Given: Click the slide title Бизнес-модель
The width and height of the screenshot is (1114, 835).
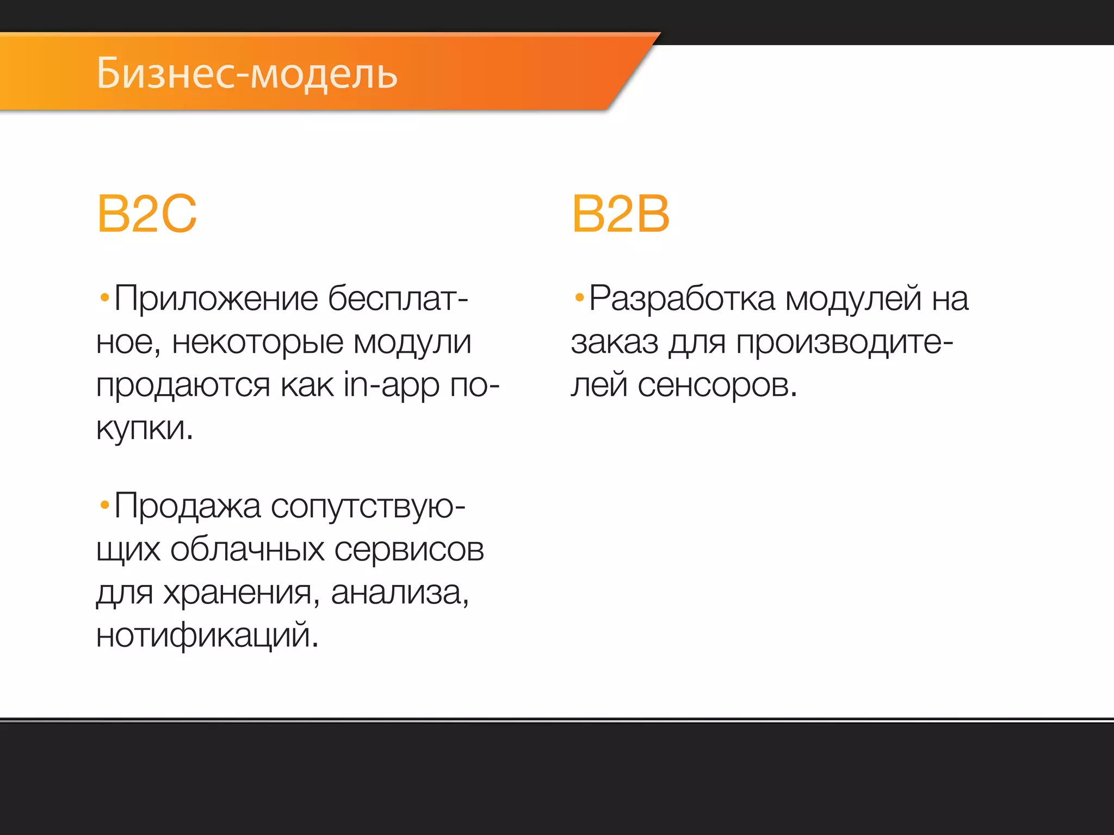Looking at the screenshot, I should pos(247,73).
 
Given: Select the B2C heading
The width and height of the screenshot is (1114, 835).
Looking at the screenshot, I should pos(147,214).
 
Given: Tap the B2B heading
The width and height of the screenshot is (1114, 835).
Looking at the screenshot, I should pos(620,214).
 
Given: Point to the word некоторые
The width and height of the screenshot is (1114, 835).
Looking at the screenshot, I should pos(258,342).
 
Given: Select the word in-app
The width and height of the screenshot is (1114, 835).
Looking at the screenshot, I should pos(391,385).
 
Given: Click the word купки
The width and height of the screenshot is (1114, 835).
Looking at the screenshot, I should pos(144,428).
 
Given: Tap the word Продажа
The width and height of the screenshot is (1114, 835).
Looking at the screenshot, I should pos(187,507).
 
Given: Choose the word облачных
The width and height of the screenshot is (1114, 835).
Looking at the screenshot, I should pos(247,550).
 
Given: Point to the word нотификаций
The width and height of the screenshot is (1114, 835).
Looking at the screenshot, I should pos(207,635).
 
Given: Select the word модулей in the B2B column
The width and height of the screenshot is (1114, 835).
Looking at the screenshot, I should pos(853,300).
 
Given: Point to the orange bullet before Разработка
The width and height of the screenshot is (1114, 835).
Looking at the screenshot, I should pos(579,297).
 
